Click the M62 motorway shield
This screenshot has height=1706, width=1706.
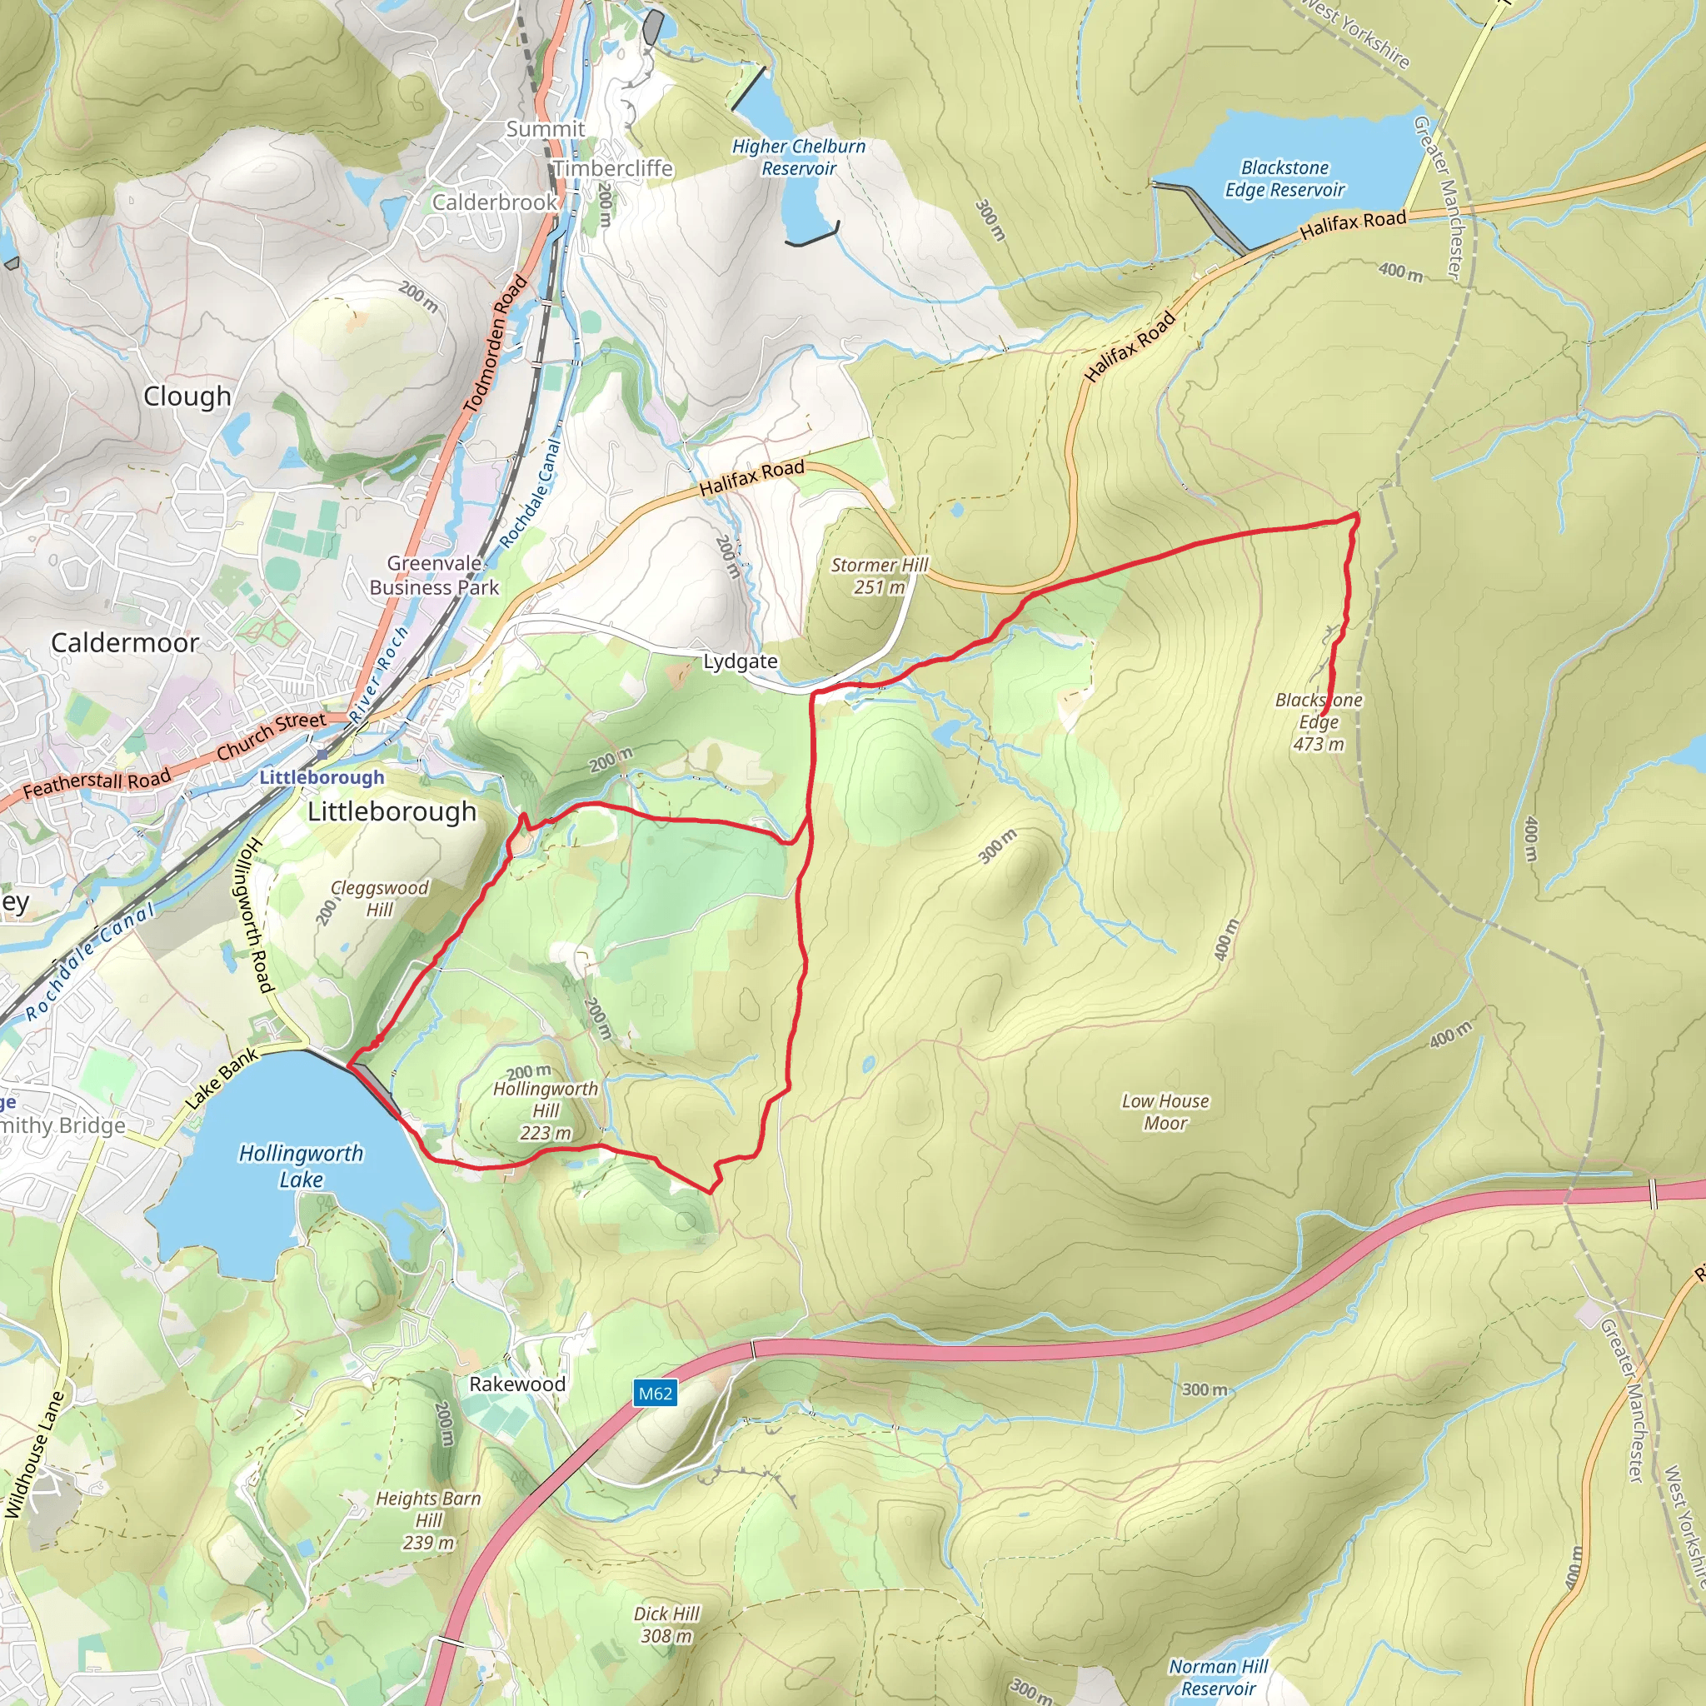click(x=654, y=1394)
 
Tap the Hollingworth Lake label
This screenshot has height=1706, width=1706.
click(x=301, y=1165)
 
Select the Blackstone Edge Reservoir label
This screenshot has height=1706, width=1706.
click(x=1284, y=178)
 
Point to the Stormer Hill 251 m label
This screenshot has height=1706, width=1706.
click(x=880, y=576)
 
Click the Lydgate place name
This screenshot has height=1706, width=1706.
click(x=740, y=661)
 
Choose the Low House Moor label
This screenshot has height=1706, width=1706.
click(x=1165, y=1112)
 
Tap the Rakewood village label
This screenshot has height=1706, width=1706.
click(x=516, y=1384)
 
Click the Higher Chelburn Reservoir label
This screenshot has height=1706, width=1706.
click(x=798, y=157)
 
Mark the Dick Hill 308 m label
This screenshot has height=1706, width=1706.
click(x=666, y=1624)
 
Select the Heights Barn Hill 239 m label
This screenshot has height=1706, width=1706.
click(x=428, y=1520)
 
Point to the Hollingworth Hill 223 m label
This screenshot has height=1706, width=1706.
click(x=546, y=1111)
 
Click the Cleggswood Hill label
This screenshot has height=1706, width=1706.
click(x=380, y=898)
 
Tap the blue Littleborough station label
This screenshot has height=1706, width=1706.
click(x=322, y=777)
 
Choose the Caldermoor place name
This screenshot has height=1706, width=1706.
click(x=124, y=643)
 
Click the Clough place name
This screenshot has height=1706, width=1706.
click(x=187, y=397)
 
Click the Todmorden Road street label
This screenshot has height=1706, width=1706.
click(x=496, y=344)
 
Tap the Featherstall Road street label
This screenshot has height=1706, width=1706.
click(x=97, y=784)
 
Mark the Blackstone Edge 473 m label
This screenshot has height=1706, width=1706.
click(x=1319, y=721)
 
